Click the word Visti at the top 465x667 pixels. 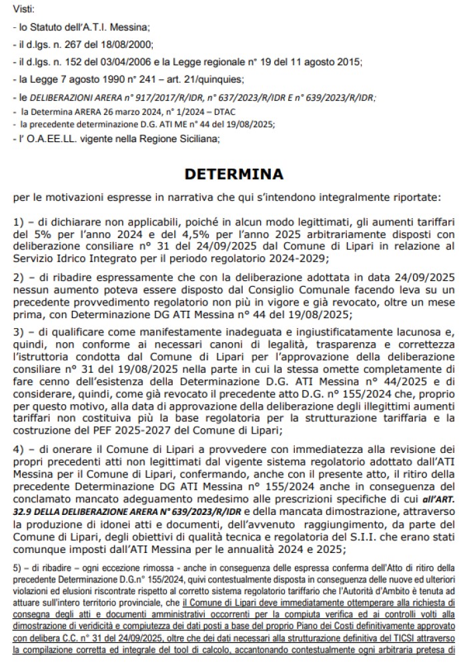tap(24, 9)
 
